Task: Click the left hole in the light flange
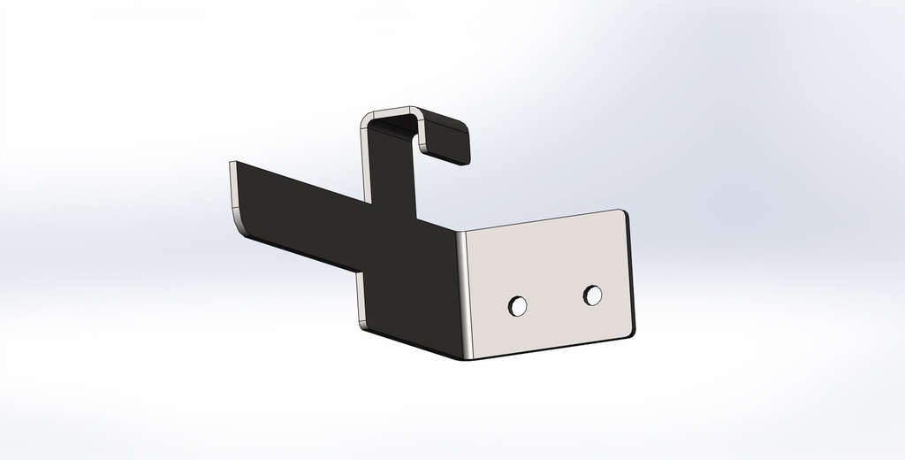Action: pyautogui.click(x=518, y=306)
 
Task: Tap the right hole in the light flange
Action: pyautogui.click(x=593, y=295)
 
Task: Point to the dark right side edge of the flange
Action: pyautogui.click(x=631, y=274)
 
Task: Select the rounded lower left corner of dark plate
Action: pyautogui.click(x=364, y=322)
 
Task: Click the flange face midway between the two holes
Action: pyautogui.click(x=556, y=301)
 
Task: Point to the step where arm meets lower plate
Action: pyautogui.click(x=360, y=270)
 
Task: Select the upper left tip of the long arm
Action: pyautogui.click(x=232, y=163)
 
